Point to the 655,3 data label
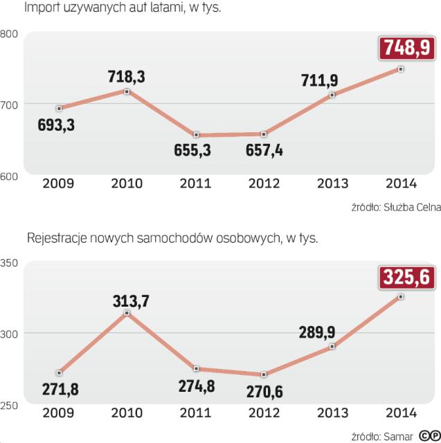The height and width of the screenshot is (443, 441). pyautogui.click(x=195, y=150)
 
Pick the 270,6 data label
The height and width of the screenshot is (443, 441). pyautogui.click(x=269, y=392)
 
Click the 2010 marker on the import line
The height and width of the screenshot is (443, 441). pyautogui.click(x=126, y=91)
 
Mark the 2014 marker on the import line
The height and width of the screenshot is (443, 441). pyautogui.click(x=401, y=69)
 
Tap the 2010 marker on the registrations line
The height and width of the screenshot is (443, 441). pyautogui.click(x=126, y=314)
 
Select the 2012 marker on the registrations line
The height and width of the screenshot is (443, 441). pyautogui.click(x=264, y=374)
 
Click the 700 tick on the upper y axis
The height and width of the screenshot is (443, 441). pyautogui.click(x=9, y=105)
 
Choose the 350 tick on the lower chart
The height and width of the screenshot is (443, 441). pyautogui.click(x=9, y=263)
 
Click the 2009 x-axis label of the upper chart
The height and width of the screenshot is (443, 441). pyautogui.click(x=58, y=184)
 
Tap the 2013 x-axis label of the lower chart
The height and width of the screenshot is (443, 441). pyautogui.click(x=332, y=413)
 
